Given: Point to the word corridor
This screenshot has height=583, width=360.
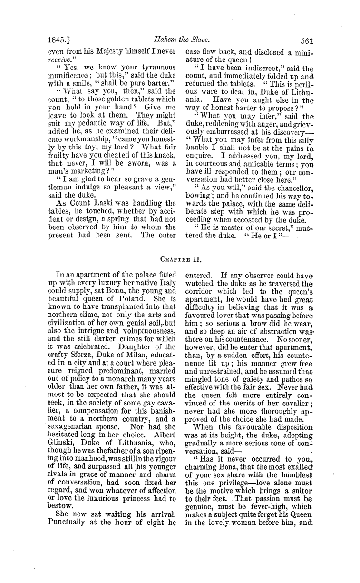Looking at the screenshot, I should pyautogui.click(x=200, y=293).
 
